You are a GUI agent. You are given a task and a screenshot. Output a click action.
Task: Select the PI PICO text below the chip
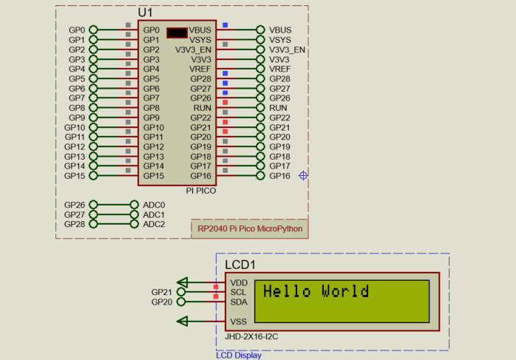[200, 190]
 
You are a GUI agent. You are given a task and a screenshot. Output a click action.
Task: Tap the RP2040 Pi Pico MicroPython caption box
[249, 228]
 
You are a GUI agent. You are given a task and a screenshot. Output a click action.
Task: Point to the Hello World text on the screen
[316, 292]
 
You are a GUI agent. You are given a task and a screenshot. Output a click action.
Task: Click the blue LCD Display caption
[238, 355]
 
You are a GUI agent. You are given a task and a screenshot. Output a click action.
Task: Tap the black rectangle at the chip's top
[177, 33]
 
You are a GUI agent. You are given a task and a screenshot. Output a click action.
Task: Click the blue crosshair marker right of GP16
[303, 175]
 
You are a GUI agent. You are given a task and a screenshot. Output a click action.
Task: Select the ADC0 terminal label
[154, 205]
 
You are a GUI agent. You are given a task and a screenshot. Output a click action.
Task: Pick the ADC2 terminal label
[154, 224]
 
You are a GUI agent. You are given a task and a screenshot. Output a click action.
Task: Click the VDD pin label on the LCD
[239, 282]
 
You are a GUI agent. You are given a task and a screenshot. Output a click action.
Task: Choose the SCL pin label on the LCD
[239, 292]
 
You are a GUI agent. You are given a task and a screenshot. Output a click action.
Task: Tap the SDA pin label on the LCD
[239, 302]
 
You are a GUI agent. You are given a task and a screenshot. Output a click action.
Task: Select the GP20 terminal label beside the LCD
[161, 302]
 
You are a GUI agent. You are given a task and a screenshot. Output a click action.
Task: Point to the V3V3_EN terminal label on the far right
[287, 50]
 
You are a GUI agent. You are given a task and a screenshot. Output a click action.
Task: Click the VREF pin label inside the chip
[200, 69]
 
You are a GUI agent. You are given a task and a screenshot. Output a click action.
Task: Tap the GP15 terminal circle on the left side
[93, 176]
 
